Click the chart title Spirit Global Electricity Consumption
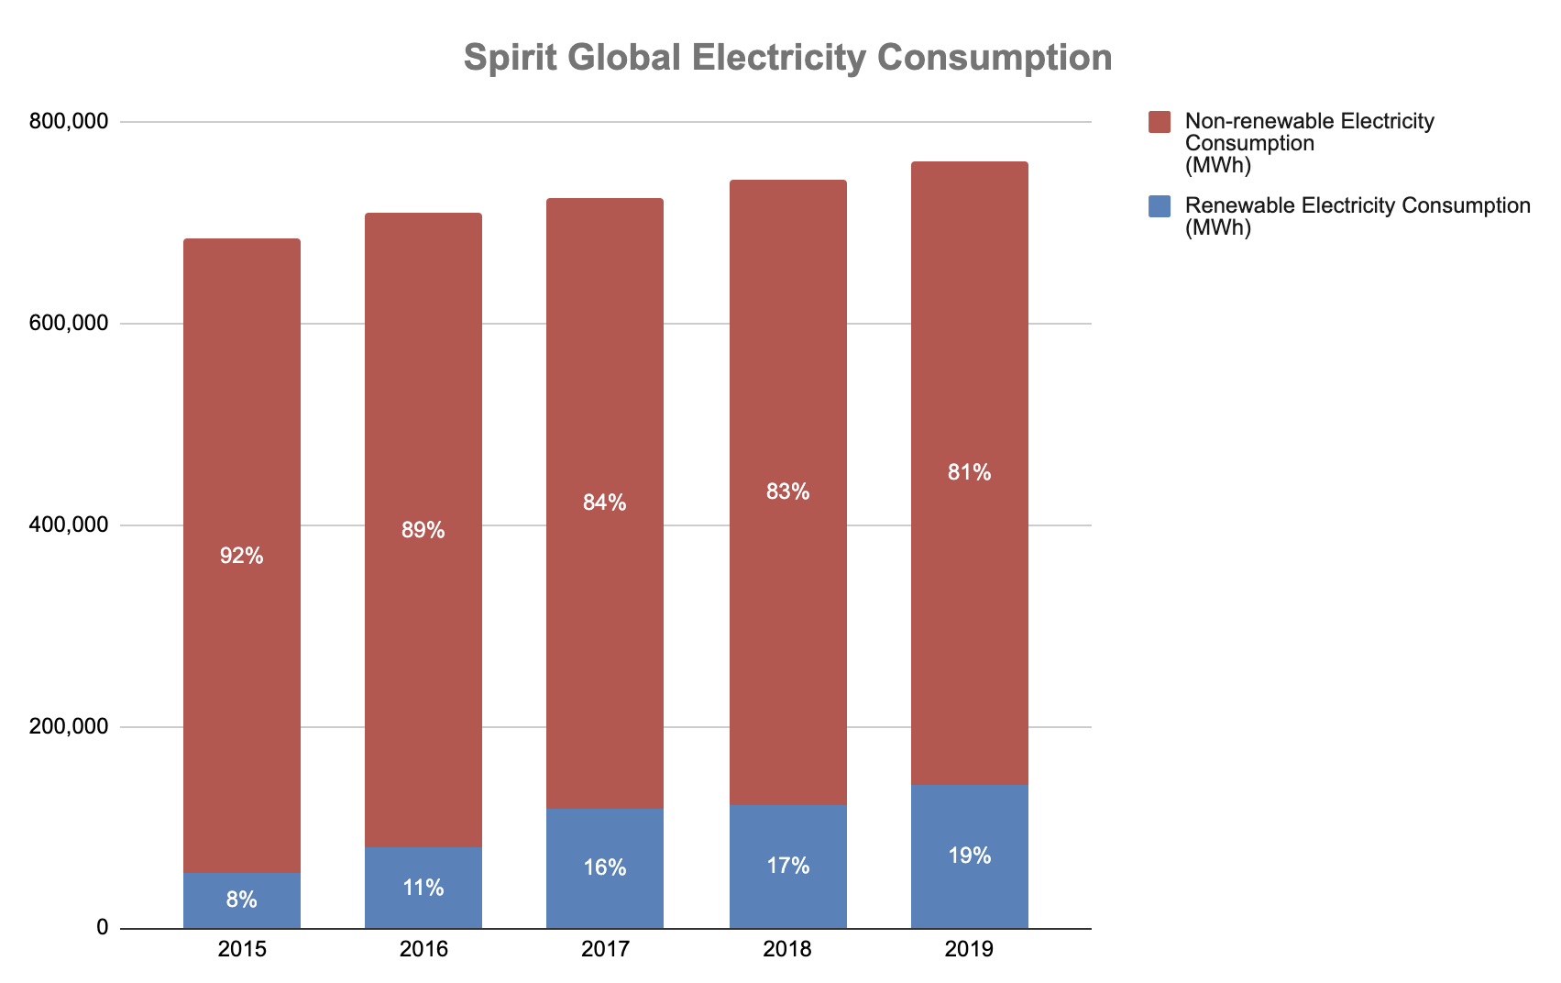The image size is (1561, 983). click(x=787, y=58)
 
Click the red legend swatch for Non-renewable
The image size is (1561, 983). click(x=1160, y=122)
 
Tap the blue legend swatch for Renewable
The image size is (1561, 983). click(x=1160, y=206)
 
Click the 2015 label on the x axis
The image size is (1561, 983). click(x=242, y=949)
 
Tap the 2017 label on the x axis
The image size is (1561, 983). click(x=605, y=949)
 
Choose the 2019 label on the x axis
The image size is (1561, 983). click(x=969, y=949)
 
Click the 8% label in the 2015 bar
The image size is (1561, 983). click(x=242, y=900)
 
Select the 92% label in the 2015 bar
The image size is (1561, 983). click(x=242, y=556)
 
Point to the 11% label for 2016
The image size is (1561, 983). click(x=423, y=888)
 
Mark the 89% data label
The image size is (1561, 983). click(x=423, y=530)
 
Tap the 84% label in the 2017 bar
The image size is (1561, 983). click(x=605, y=503)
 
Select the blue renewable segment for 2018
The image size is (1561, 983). click(x=788, y=834)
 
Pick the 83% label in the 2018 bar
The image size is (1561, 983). click(x=788, y=492)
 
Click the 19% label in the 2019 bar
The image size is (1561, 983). click(x=970, y=856)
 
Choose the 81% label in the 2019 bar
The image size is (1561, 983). click(x=970, y=473)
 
